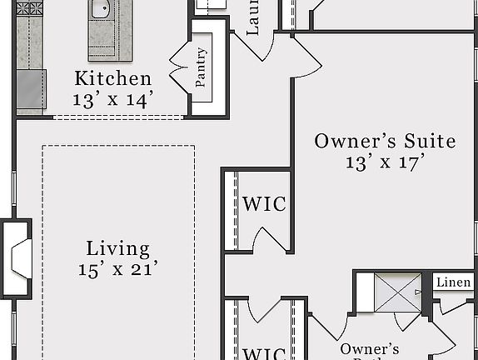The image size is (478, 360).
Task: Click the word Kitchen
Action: click(x=113, y=79)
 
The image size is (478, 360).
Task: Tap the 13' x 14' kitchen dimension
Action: click(x=113, y=99)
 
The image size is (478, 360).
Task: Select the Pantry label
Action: click(x=202, y=67)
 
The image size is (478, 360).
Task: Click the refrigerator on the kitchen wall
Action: click(x=31, y=90)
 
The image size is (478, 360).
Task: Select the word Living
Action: click(x=118, y=248)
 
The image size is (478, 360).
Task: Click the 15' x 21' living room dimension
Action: click(x=118, y=268)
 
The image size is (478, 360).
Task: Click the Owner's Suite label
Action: click(x=385, y=141)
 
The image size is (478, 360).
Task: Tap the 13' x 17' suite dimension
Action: click(x=385, y=162)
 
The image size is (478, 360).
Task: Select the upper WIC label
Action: click(x=264, y=204)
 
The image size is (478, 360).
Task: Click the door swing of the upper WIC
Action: click(x=271, y=240)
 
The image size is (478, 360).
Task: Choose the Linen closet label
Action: click(x=453, y=283)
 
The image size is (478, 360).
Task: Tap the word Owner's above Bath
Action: click(x=369, y=349)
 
